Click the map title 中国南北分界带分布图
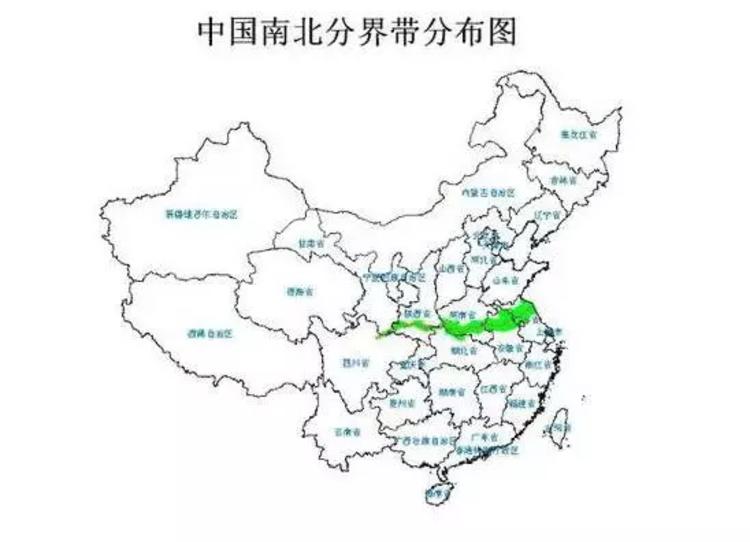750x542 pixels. click(x=357, y=32)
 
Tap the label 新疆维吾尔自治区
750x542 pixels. click(x=203, y=214)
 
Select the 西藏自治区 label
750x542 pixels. click(x=209, y=332)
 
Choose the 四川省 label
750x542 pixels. click(x=354, y=361)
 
